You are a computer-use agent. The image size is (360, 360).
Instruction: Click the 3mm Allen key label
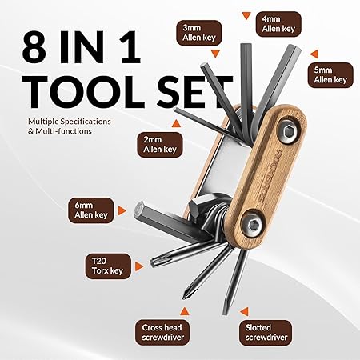click(x=199, y=33)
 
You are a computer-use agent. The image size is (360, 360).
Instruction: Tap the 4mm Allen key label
click(x=278, y=24)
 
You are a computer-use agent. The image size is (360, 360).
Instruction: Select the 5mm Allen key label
click(x=330, y=75)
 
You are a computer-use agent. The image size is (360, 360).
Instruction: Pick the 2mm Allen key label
click(x=160, y=145)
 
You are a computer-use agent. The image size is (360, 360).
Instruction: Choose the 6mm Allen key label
click(x=91, y=210)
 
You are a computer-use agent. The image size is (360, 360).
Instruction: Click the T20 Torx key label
click(x=108, y=266)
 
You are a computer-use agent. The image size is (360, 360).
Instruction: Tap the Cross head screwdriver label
click(x=162, y=332)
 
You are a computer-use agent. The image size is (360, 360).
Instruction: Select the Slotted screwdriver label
click(x=266, y=332)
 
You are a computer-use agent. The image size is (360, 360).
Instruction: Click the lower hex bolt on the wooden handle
click(x=253, y=226)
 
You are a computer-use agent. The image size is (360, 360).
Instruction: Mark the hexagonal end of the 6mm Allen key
click(x=140, y=211)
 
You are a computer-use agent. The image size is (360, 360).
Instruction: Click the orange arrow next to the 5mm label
click(x=314, y=54)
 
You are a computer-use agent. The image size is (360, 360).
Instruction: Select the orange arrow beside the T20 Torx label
click(x=138, y=266)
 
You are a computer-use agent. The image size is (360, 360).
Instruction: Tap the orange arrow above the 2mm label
click(x=176, y=123)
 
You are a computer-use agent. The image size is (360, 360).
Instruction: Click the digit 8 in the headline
click(x=34, y=46)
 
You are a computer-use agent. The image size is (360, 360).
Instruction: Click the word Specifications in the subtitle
click(x=86, y=122)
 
